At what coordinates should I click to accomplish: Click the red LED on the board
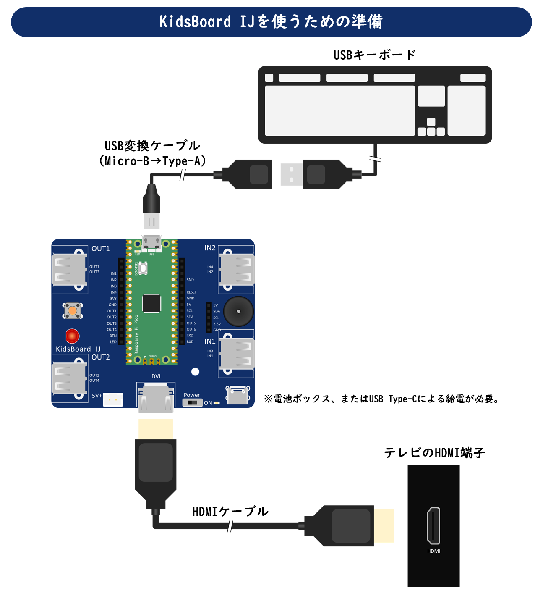73,336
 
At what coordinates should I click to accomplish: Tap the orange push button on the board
73,311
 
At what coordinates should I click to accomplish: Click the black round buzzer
238,311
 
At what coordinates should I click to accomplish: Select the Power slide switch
193,403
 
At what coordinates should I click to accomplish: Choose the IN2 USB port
237,269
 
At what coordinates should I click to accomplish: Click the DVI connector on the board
156,398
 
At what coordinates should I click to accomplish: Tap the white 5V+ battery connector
113,399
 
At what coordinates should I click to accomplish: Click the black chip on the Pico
151,303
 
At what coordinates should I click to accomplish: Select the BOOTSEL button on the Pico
143,268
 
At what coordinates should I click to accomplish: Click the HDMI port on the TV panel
433,525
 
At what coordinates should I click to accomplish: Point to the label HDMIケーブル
230,512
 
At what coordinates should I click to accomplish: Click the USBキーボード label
374,55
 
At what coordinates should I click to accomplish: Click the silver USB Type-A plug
291,174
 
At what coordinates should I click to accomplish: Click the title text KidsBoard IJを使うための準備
271,22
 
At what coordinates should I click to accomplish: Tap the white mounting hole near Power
195,372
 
